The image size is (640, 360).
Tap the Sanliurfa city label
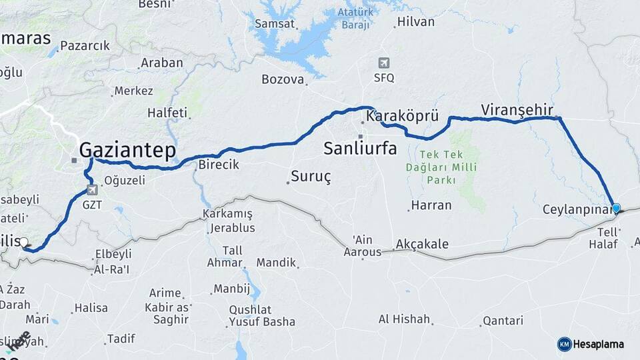360,148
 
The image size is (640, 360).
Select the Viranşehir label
517,109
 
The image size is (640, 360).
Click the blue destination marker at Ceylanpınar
616,209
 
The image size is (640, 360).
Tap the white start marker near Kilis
24,243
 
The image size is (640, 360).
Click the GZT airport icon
93,190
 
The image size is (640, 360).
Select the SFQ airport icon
383,63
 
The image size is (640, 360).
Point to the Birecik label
219,165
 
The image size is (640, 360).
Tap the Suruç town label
311,178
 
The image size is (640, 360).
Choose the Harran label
431,205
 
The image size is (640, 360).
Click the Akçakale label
422,244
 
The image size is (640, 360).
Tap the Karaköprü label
402,117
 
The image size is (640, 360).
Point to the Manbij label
231,289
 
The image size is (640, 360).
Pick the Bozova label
283,79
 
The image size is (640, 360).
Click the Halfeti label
167,113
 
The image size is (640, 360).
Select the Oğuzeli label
125,180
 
